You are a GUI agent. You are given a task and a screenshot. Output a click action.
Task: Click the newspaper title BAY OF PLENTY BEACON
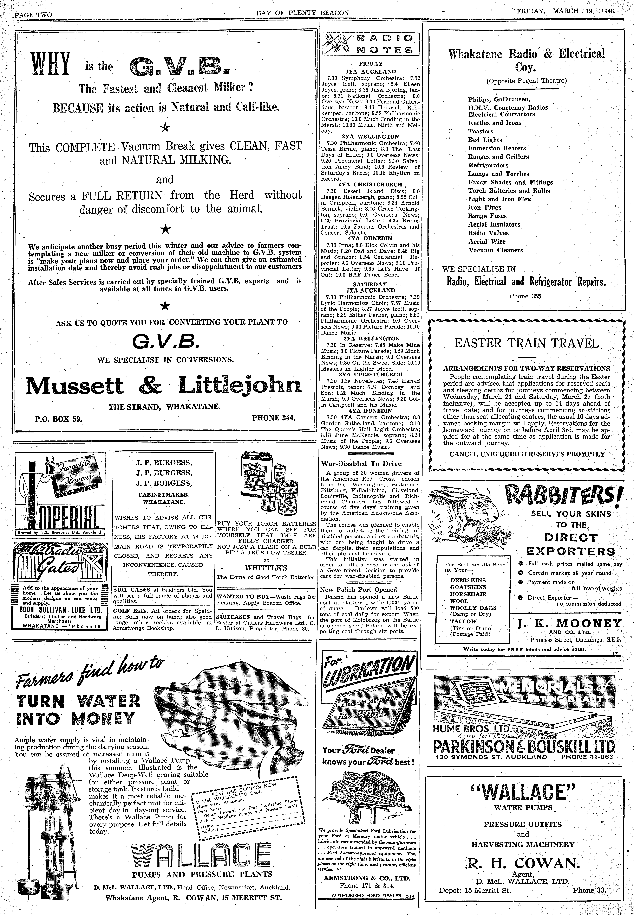(x=302, y=13)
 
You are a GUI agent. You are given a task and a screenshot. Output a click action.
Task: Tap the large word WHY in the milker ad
(x=51, y=65)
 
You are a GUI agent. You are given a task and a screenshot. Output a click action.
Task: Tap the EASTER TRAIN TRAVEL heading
(x=526, y=343)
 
